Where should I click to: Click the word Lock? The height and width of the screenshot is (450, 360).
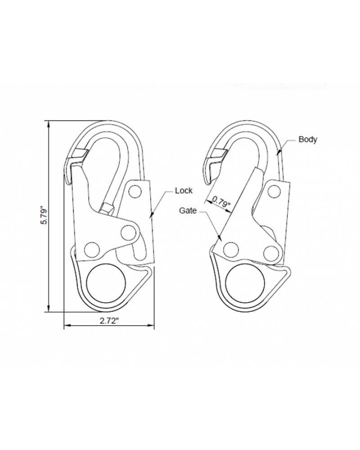pyautogui.click(x=184, y=191)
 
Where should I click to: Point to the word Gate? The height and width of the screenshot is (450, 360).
pyautogui.click(x=188, y=210)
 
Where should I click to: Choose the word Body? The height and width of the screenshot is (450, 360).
pyautogui.click(x=308, y=139)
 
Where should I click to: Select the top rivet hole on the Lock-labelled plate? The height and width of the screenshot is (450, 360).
pyautogui.click(x=134, y=191)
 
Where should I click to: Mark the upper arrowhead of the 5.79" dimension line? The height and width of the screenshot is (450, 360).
pyautogui.click(x=48, y=123)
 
